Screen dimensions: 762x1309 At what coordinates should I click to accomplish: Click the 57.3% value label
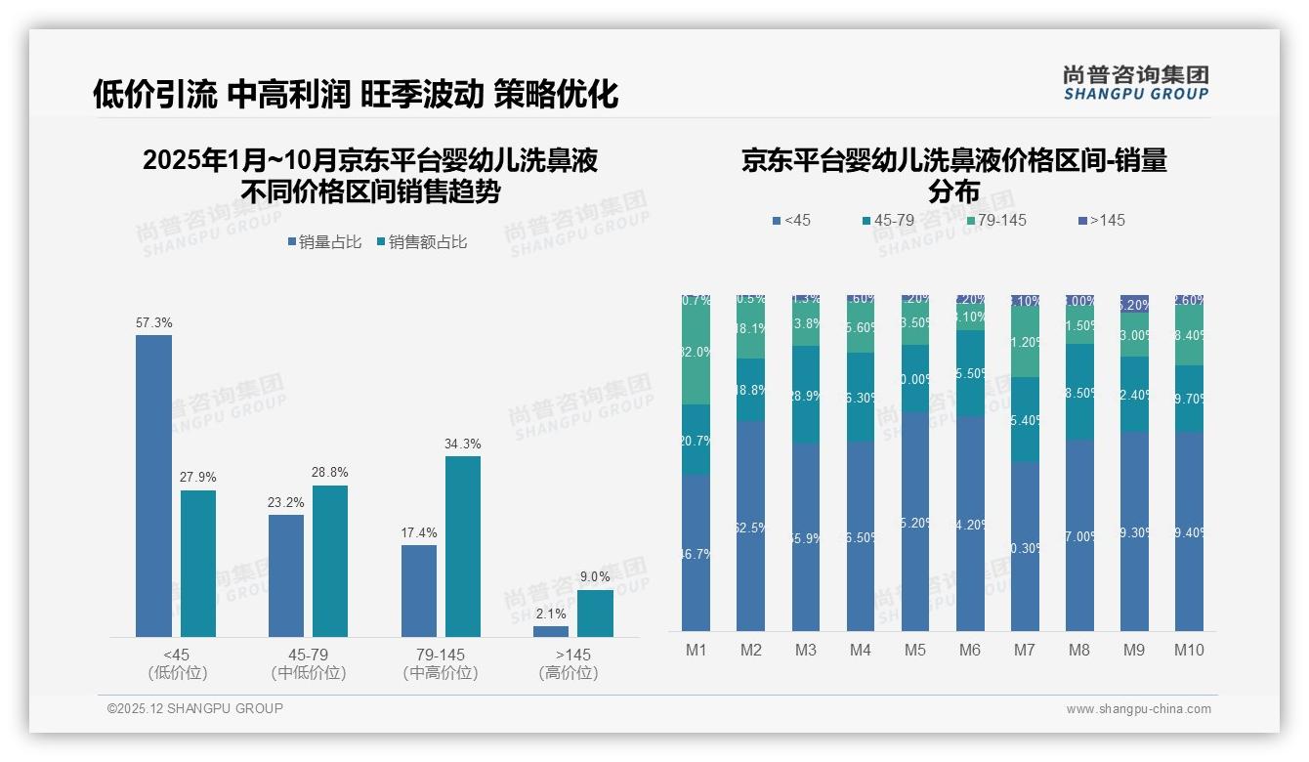coord(153,322)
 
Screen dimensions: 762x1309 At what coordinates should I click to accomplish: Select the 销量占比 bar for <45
coord(153,486)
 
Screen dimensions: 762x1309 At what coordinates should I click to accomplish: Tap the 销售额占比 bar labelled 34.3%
coord(462,546)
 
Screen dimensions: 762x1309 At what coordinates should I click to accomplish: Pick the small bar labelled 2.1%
coord(551,631)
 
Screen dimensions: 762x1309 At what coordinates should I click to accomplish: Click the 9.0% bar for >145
coord(595,613)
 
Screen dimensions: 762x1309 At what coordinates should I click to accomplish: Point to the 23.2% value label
coord(286,502)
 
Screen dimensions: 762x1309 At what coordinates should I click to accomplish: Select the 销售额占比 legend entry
coord(421,242)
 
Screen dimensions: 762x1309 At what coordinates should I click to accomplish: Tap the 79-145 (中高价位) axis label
coord(440,663)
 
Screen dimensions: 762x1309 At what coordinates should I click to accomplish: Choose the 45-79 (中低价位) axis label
coord(308,663)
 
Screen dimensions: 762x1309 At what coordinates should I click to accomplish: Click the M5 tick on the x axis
coord(914,650)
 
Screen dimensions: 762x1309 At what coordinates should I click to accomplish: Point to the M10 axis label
coord(1189,650)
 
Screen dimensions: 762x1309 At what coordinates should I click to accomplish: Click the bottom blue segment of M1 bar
coord(697,552)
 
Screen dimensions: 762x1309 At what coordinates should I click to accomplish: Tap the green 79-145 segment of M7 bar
coord(1025,343)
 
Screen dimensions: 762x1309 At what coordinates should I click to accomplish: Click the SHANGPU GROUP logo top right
coord(1135,83)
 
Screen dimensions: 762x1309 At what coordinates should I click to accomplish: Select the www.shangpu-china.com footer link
coord(1138,709)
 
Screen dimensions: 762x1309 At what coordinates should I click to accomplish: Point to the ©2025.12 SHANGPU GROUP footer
coord(195,709)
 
